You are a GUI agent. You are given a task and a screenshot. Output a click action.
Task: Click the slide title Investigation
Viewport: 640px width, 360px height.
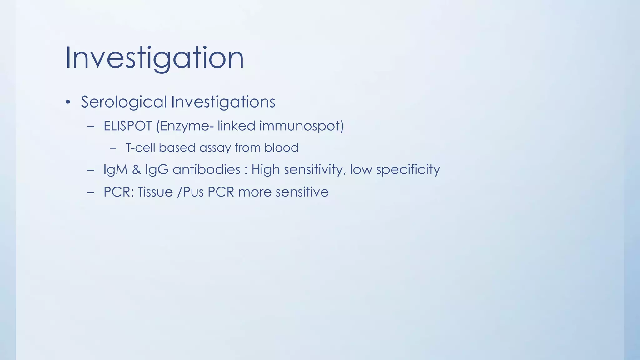(154, 58)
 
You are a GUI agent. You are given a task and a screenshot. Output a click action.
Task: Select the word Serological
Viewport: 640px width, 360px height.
(124, 102)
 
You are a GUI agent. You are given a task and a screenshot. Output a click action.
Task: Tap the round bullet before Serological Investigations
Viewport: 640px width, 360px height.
(68, 102)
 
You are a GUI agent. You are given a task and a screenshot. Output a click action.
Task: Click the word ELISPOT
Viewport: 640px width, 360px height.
(127, 126)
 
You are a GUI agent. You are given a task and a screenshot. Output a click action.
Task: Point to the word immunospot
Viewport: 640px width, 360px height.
(301, 126)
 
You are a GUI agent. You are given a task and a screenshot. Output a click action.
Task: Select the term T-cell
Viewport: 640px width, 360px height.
(140, 147)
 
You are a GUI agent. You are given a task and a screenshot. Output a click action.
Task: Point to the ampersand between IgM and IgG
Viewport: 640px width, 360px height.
(137, 170)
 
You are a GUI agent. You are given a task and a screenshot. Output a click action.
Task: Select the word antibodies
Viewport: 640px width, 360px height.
(206, 170)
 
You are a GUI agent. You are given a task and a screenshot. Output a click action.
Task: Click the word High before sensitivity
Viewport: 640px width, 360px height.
(266, 170)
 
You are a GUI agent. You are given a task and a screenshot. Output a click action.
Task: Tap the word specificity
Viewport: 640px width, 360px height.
(408, 170)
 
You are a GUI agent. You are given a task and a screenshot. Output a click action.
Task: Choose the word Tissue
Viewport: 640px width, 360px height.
(155, 192)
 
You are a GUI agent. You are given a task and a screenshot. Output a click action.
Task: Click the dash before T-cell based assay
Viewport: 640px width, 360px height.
(113, 148)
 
